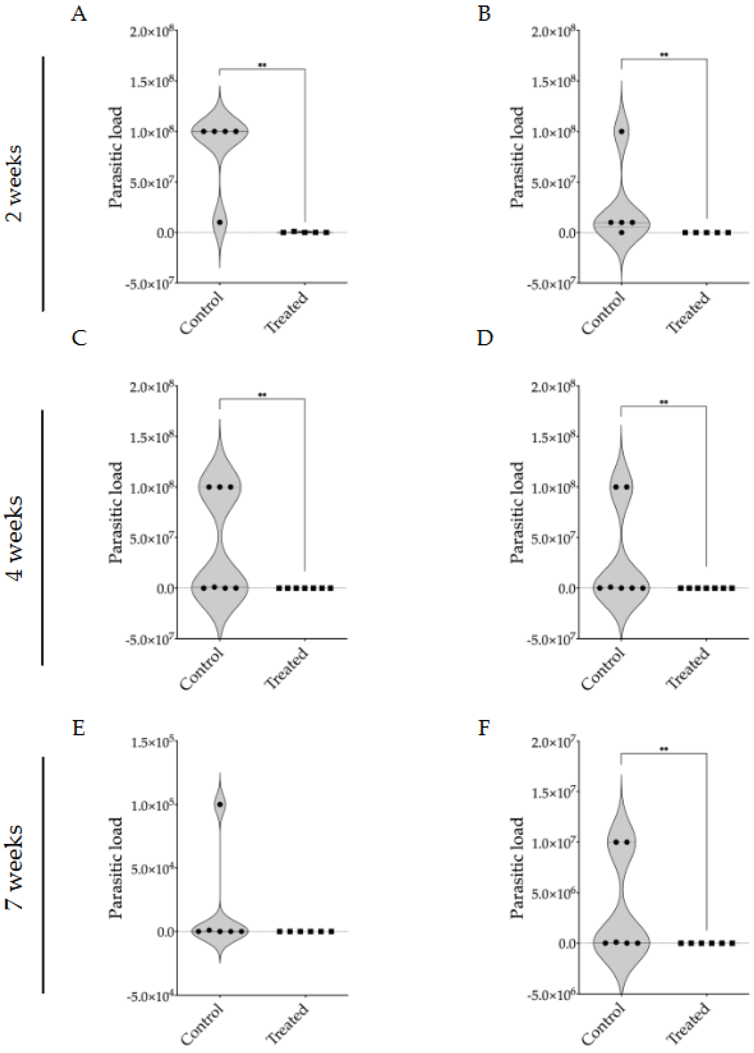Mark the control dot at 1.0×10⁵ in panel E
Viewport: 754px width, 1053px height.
[x=220, y=804]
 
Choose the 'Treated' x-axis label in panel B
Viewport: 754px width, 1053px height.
[x=688, y=312]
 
